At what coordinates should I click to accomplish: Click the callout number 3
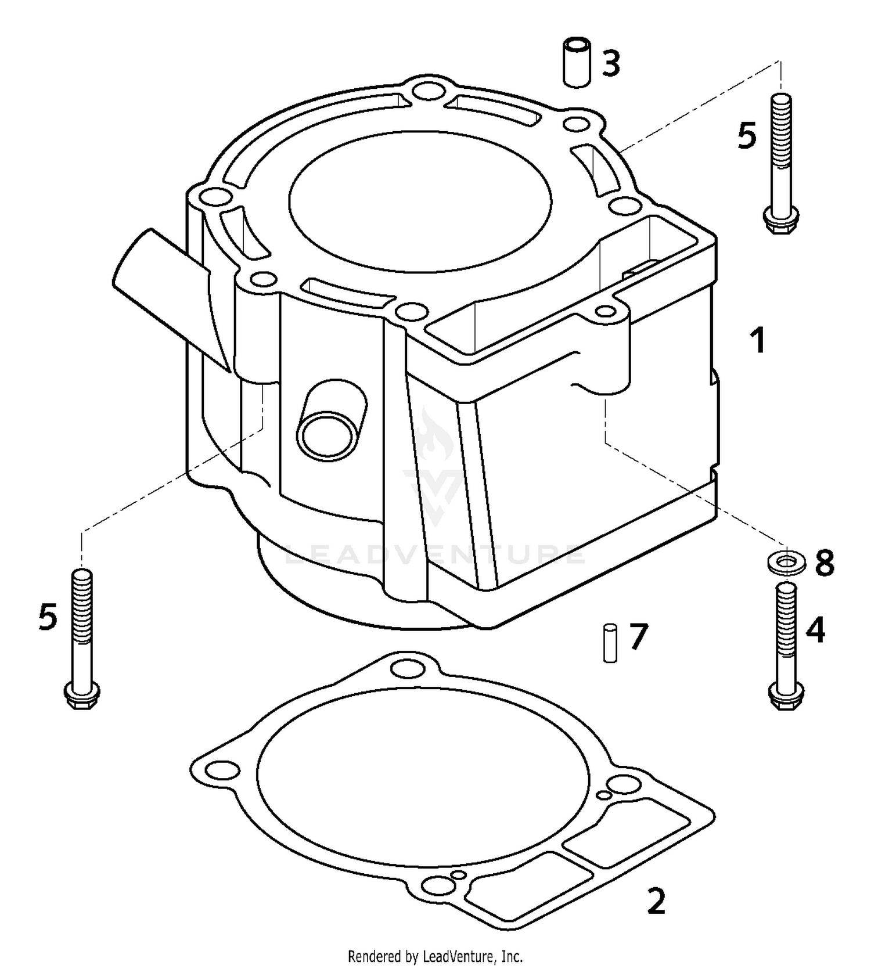click(611, 63)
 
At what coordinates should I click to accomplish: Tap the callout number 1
click(758, 340)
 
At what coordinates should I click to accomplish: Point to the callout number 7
click(638, 637)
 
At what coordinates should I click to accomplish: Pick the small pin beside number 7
click(610, 643)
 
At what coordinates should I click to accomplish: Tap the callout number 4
click(815, 630)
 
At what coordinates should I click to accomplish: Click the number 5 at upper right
click(747, 136)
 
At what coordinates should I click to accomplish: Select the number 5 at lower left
click(48, 617)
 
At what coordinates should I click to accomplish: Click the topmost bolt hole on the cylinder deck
click(428, 91)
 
